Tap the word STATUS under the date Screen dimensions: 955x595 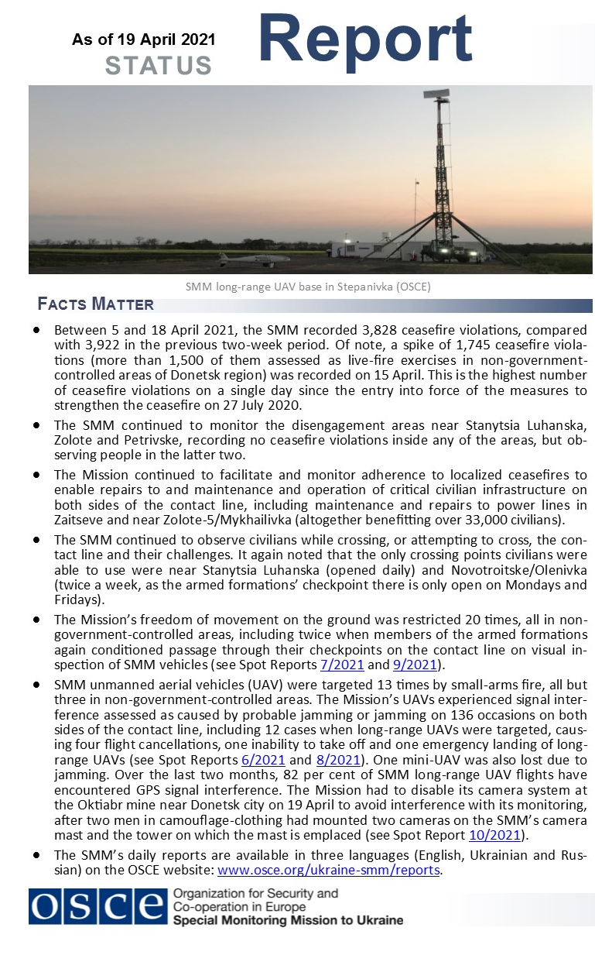(159, 66)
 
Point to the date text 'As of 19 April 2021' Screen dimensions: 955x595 (144, 40)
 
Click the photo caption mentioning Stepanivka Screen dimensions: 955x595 (308, 287)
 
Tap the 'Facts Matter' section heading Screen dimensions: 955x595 (95, 304)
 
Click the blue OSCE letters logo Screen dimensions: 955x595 (97, 905)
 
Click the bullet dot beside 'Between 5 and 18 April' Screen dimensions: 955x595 (36, 330)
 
